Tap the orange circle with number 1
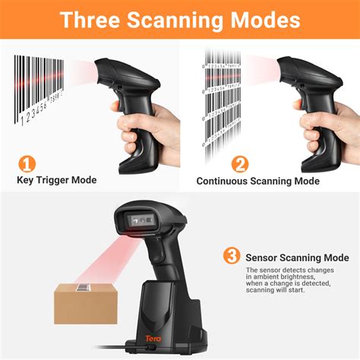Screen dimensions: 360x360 coord(28,163)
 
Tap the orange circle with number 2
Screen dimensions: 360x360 coord(240,163)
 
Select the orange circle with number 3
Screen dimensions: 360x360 coord(232,257)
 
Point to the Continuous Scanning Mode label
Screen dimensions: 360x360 coord(257,181)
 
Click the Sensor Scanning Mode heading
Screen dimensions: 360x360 coord(297,257)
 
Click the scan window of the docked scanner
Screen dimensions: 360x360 coord(144,219)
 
